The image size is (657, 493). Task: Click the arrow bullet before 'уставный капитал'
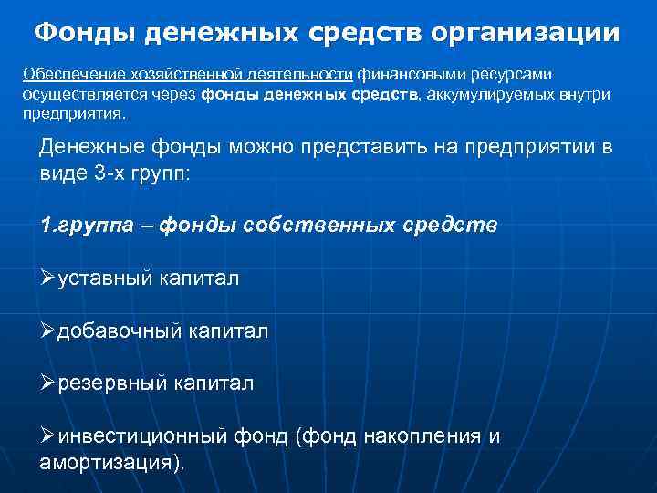coord(48,278)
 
